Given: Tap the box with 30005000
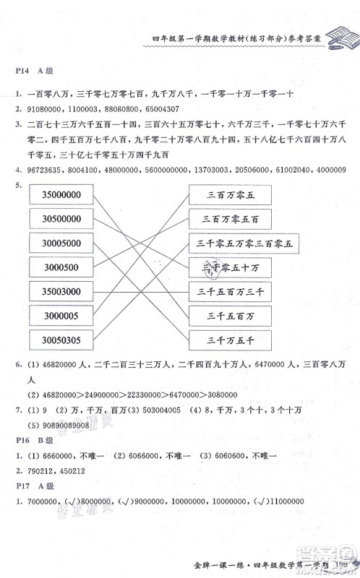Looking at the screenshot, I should click(61, 244).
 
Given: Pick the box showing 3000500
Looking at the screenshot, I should click(61, 268).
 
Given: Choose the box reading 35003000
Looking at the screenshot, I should click(61, 292).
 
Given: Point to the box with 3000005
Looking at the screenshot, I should click(61, 316).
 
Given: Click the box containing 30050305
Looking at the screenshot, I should click(61, 340).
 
